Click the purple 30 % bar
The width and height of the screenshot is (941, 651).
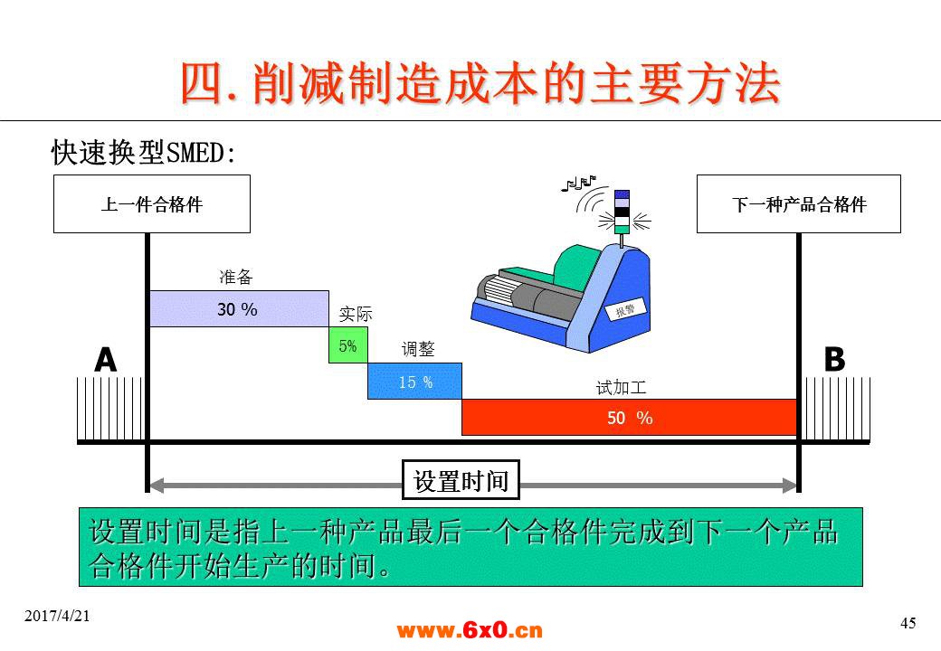coord(239,308)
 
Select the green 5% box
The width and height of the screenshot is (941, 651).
coord(348,344)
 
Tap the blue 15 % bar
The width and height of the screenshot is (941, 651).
coord(414,381)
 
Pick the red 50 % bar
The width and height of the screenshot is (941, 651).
coord(630,417)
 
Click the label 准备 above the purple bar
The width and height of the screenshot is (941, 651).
coord(236,277)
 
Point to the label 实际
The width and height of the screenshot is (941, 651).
coord(356,314)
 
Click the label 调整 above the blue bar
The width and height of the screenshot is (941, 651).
coord(418,349)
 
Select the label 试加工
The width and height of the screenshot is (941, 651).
coord(621,387)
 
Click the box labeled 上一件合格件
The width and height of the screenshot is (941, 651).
coord(152,203)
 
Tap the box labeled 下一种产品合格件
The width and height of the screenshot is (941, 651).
coord(799,203)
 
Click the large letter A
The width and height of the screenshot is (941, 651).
coord(106,360)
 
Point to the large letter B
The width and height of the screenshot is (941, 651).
coord(834,359)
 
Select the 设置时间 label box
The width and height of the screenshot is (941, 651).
coord(461,480)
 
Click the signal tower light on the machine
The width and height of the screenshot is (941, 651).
coord(623,212)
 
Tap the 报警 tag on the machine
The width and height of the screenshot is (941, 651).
coord(625,309)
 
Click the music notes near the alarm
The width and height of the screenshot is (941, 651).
coord(578,183)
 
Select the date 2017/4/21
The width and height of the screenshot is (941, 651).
coord(57,616)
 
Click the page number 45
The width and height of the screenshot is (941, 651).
coord(908,623)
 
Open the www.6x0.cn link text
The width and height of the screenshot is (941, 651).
coord(470,630)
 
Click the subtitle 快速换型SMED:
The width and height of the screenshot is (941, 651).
coord(143,152)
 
